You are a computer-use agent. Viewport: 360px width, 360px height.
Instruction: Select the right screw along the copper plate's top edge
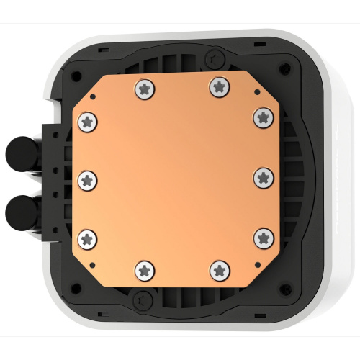217,86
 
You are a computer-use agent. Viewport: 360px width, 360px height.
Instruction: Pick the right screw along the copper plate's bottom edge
217,270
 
